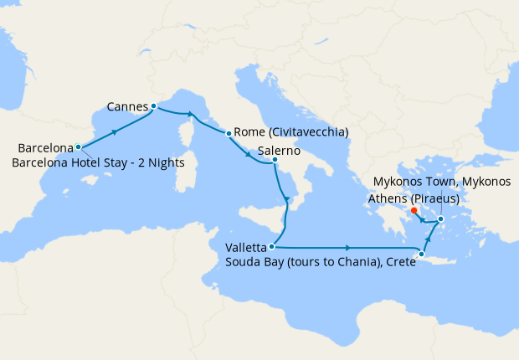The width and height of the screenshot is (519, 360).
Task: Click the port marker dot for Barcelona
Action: [78, 147]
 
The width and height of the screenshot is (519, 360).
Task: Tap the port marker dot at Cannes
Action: [153, 106]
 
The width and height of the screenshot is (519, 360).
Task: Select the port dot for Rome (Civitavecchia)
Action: [229, 133]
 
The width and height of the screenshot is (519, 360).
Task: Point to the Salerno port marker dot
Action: [275, 160]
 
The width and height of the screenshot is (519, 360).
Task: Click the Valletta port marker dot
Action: [272, 247]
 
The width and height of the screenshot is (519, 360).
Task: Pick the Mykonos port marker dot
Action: [441, 219]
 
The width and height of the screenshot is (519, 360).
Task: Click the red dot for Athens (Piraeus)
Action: [415, 210]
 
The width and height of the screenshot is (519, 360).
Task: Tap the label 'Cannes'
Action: [127, 106]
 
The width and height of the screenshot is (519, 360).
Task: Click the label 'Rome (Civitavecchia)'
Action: [291, 132]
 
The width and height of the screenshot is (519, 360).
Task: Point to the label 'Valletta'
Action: [246, 248]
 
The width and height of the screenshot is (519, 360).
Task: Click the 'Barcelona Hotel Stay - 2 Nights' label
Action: [98, 162]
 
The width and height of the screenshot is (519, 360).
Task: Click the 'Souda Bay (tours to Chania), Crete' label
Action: [321, 262]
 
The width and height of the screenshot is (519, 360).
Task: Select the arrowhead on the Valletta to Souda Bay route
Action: [347, 248]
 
